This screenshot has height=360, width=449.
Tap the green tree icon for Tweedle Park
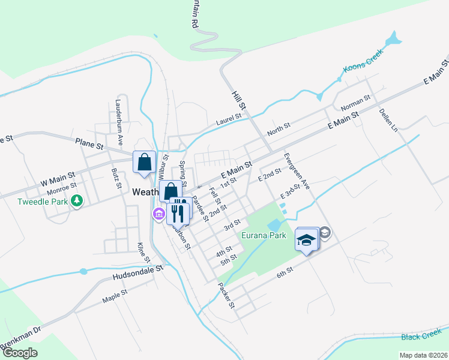pos(76,200)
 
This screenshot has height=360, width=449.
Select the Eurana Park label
pos(264,235)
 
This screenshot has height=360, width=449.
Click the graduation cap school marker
pos(306,240)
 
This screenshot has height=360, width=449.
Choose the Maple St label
pos(115,295)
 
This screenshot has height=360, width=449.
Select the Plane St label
pos(89,145)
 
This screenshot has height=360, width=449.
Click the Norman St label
pos(356,103)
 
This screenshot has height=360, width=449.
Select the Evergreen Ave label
pos(297,172)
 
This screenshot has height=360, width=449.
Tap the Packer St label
pos(226,296)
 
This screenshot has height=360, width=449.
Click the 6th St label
pos(285,271)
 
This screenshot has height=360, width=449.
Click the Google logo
pos(20,353)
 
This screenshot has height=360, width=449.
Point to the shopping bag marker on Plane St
pos(144,162)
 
